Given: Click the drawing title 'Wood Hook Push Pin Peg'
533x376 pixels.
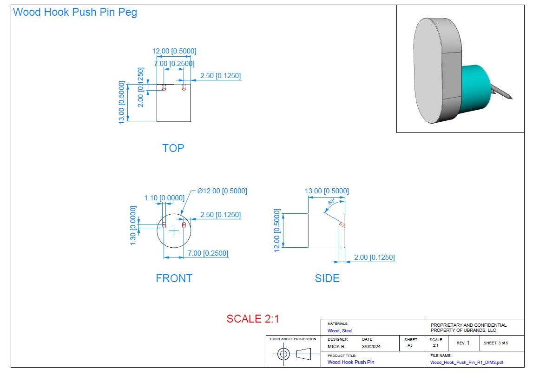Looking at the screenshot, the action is coord(75,13).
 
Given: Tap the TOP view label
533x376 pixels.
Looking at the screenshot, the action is coord(173,148).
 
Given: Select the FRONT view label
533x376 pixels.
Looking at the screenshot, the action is coord(174,278).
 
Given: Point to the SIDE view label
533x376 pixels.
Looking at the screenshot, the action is coord(327,278).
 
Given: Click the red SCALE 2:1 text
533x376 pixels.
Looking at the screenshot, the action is coord(252,319).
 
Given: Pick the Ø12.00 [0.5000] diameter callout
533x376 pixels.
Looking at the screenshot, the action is coord(222,191).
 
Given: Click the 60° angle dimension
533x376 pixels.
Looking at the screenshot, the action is coord(331,203).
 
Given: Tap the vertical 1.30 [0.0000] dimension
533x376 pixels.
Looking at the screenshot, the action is coord(133,225).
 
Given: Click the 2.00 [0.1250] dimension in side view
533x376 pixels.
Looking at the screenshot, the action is coord(374,257).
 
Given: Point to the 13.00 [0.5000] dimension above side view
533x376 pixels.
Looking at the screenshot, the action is coord(327,191).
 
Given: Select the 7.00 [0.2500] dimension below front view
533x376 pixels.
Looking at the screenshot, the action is coord(208,253).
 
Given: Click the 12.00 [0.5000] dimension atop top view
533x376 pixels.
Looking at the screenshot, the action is coord(174,51).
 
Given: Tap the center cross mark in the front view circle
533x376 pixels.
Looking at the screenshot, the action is coord(174,231).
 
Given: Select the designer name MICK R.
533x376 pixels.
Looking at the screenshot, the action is coord(337,346).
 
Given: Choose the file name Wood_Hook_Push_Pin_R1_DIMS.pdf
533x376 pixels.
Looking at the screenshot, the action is coord(467,362).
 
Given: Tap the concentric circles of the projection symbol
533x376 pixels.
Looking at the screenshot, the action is coord(283,354).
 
